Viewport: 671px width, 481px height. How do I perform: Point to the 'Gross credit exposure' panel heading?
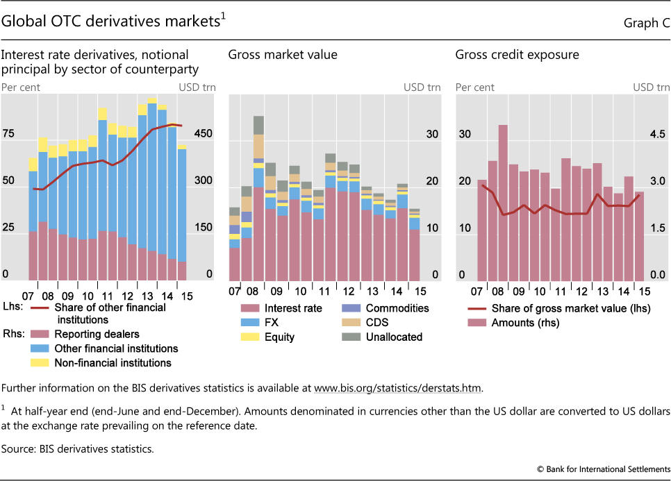pos(517,55)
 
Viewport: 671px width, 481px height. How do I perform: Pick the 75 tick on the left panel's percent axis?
pos(8,134)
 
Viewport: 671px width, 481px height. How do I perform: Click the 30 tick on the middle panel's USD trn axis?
pos(431,134)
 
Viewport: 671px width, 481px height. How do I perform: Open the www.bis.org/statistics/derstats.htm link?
pos(397,387)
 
